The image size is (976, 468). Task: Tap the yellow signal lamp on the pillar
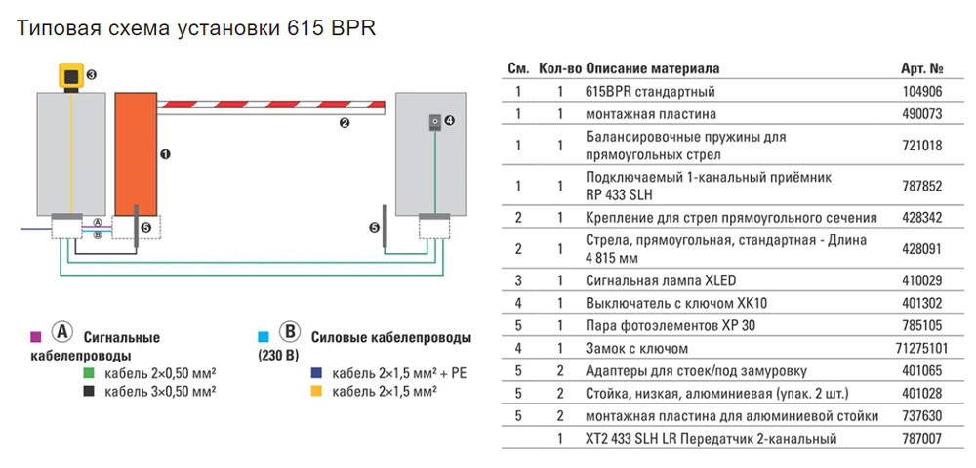pyautogui.click(x=70, y=76)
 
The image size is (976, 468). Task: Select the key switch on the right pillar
pyautogui.click(x=435, y=121)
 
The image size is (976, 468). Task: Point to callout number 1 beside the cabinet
pyautogui.click(x=165, y=154)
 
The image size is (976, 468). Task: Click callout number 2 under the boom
pyautogui.click(x=344, y=123)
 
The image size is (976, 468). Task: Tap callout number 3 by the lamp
pyautogui.click(x=91, y=74)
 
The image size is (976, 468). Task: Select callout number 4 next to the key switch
pyautogui.click(x=450, y=121)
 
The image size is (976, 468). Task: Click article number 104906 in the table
pyautogui.click(x=923, y=92)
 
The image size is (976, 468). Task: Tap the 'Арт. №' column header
pyautogui.click(x=923, y=69)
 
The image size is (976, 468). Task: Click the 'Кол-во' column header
pyautogui.click(x=560, y=69)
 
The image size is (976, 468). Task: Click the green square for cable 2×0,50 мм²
pyautogui.click(x=89, y=374)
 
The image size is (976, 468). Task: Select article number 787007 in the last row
pyautogui.click(x=923, y=439)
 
